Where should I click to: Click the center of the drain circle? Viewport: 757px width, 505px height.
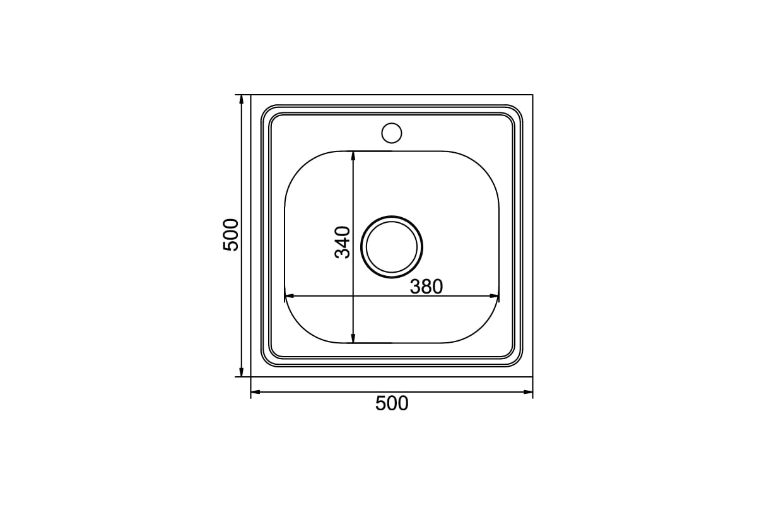tap(392, 247)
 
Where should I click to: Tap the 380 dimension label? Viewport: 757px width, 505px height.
tap(426, 287)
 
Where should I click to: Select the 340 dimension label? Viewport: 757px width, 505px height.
tap(343, 242)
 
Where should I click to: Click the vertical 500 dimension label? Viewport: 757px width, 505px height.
tap(230, 235)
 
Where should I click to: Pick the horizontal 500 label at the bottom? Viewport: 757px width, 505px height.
tap(392, 403)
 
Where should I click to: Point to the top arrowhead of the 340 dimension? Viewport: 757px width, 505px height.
tap(353, 155)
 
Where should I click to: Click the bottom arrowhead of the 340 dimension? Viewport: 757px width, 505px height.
tap(353, 338)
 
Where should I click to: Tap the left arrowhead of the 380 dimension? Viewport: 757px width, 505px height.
tap(290, 296)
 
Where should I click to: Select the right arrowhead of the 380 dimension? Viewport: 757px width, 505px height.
tap(495, 296)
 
